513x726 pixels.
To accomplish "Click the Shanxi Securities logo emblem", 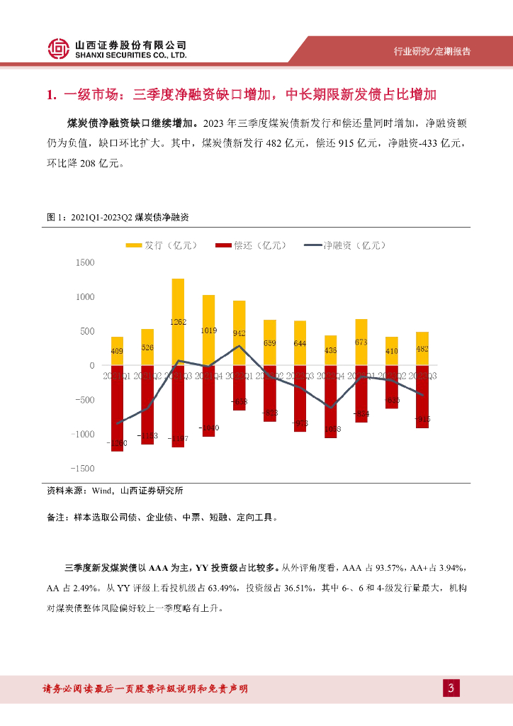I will point(60,48).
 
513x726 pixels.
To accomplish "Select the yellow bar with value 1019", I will point(209,330).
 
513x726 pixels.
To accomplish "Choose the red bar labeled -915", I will point(422,397).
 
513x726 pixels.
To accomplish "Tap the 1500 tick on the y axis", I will point(84,263).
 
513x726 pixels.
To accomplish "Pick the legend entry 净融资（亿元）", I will point(345,245).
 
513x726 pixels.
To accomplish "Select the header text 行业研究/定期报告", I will point(432,52).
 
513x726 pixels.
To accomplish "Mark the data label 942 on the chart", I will point(239,333).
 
